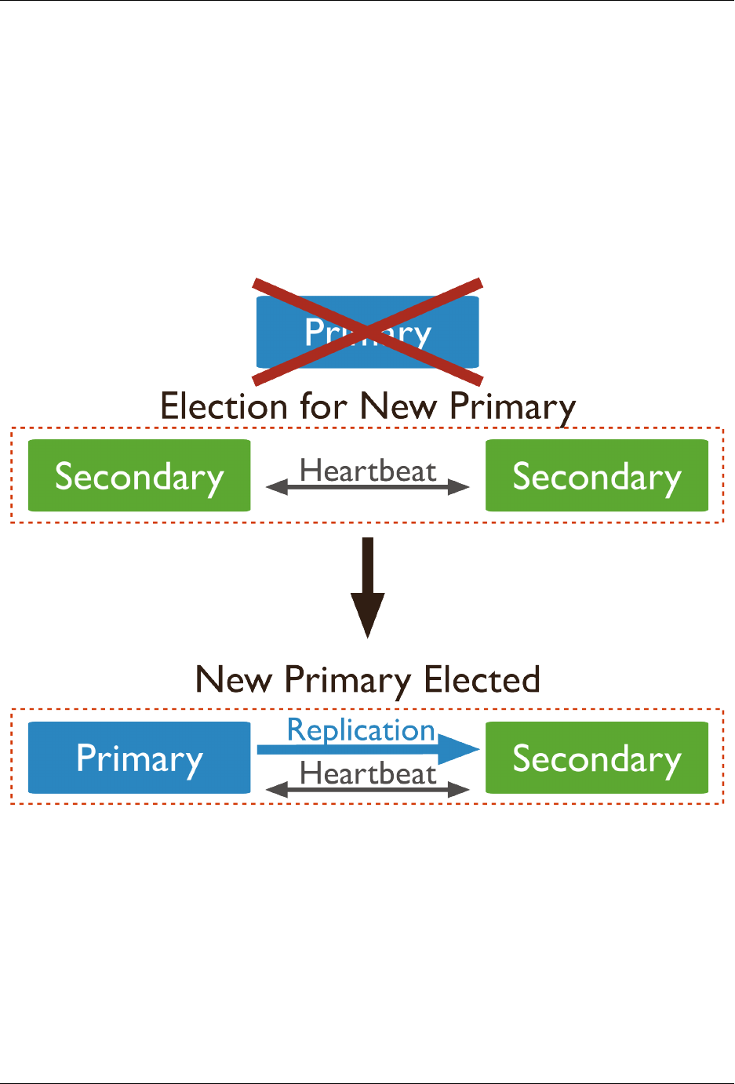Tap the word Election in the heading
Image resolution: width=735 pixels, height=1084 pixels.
click(x=224, y=407)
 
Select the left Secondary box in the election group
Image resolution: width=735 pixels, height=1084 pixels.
click(x=139, y=476)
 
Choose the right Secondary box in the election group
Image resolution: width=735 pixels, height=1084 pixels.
click(x=597, y=476)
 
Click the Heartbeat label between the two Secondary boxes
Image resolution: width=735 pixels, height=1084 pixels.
click(x=368, y=471)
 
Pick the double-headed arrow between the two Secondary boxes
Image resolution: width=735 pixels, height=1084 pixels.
click(x=368, y=488)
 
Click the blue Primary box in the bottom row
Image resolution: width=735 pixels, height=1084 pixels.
click(x=139, y=758)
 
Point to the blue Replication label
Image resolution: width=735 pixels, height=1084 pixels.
click(x=361, y=729)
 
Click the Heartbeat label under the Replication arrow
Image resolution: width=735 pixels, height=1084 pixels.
click(x=368, y=773)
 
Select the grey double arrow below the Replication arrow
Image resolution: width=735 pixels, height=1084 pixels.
click(x=368, y=790)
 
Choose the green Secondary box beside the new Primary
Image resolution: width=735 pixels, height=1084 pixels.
click(x=597, y=758)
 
